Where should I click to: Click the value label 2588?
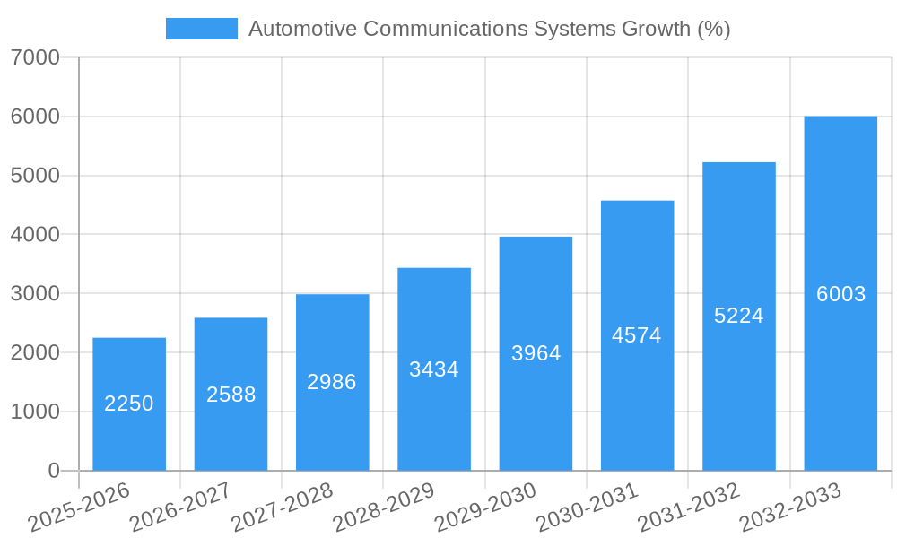point(231,395)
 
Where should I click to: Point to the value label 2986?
point(332,382)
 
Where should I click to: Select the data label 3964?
point(536,353)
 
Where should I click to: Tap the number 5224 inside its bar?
point(738,316)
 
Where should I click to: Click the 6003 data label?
point(840,294)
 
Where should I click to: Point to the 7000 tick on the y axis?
point(36,58)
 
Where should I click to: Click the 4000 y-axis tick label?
point(36,235)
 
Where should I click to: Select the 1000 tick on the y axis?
point(36,412)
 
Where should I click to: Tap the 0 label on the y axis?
point(53,471)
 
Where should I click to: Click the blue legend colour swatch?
point(202,29)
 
